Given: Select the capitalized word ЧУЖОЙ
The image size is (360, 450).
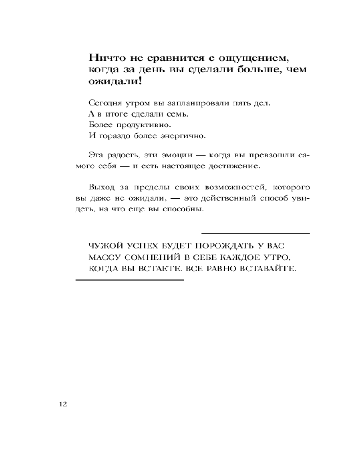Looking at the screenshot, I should (104, 247).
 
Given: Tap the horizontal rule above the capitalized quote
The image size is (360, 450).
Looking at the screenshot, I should (256, 233).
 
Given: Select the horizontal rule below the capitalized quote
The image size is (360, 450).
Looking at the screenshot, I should (130, 280).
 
